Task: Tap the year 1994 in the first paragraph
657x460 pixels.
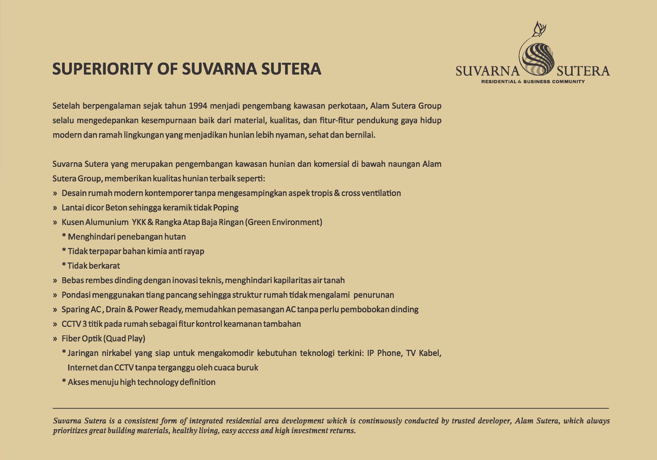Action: coord(198,106)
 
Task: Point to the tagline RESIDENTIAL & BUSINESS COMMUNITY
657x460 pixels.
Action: coord(533,82)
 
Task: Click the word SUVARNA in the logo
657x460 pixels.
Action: coord(487,71)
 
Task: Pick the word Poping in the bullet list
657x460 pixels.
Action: coord(226,208)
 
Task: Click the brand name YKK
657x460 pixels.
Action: coord(139,222)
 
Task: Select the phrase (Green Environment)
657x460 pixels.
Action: coord(284,222)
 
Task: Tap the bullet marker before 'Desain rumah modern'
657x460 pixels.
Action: coord(55,193)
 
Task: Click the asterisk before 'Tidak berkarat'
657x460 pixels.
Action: coord(64,265)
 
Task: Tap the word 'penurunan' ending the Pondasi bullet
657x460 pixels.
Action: coord(373,295)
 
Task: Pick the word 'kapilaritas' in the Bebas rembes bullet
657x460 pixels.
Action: coord(292,280)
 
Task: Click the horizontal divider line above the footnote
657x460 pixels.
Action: coord(331,408)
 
